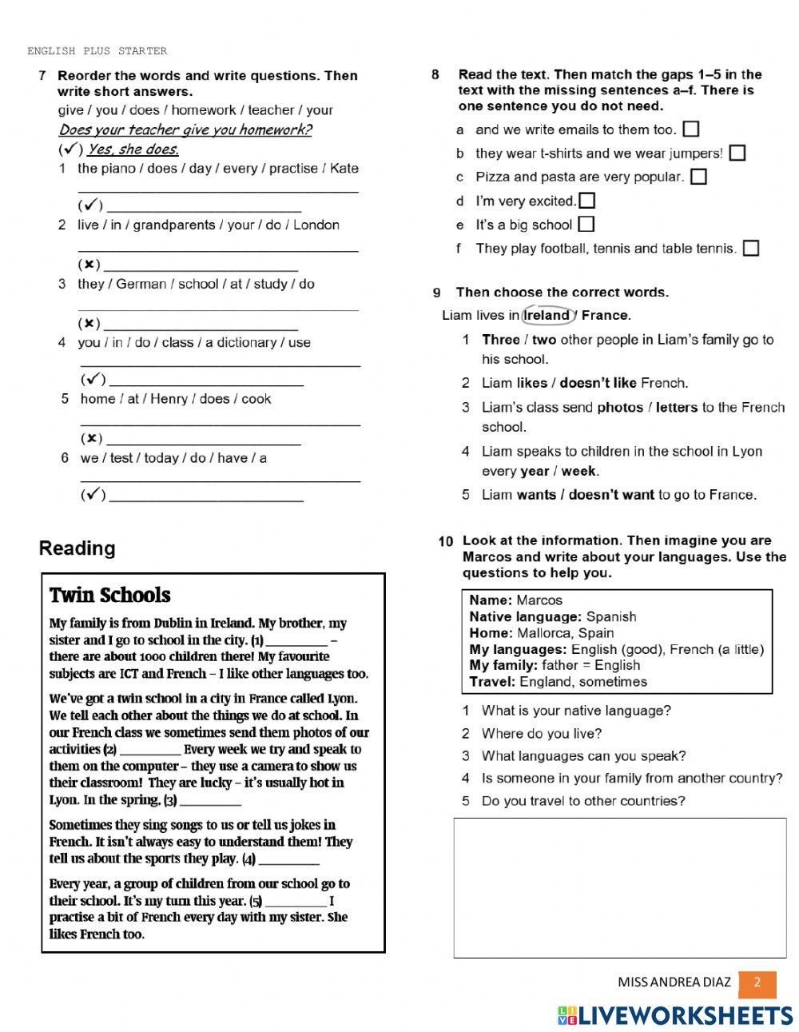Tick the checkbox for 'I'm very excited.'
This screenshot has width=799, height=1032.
[587, 201]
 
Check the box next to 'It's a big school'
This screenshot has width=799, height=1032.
[586, 225]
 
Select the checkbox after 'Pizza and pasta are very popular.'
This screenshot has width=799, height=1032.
[698, 177]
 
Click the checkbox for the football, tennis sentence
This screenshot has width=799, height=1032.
[751, 249]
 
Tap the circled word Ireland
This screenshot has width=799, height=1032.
[547, 315]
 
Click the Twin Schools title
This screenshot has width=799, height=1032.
[109, 596]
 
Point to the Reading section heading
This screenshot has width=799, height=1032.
[77, 548]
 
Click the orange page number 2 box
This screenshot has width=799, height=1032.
[757, 983]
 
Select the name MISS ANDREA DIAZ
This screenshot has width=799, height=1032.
[674, 983]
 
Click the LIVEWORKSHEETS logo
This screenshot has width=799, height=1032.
[675, 1015]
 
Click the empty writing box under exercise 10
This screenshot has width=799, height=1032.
[619, 887]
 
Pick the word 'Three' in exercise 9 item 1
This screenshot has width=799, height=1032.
[500, 340]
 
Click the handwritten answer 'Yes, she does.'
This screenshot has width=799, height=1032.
[133, 149]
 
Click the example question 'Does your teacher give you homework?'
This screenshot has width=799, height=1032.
[185, 129]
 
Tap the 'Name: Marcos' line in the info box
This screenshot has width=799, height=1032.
[515, 600]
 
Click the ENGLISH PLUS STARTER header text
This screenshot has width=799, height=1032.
[97, 51]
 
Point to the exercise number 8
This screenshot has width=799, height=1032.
[435, 74]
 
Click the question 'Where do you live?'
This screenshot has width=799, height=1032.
[541, 733]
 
